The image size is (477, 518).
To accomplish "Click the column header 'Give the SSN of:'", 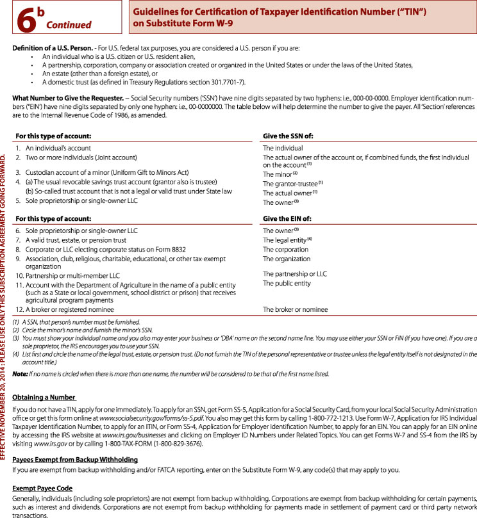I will [x=289, y=136].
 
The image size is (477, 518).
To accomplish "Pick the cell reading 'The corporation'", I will [x=285, y=249].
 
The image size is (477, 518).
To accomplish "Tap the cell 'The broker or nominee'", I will [x=295, y=309].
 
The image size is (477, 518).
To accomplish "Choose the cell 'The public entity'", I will [x=287, y=283].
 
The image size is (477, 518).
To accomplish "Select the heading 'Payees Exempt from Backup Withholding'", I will [x=75, y=460].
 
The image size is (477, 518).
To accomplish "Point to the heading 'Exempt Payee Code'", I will [x=42, y=487].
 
